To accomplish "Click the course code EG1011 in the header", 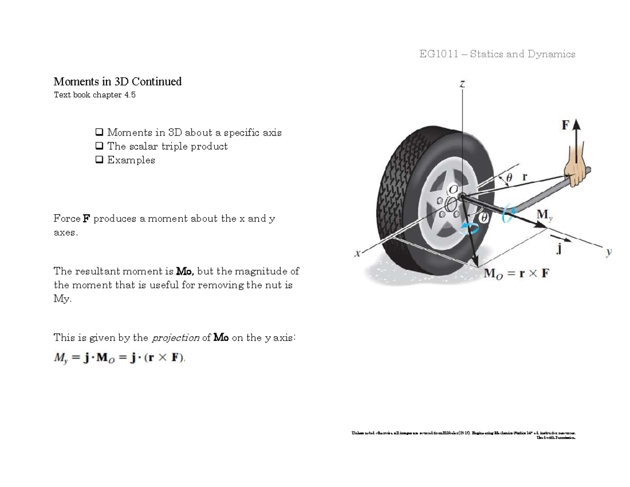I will tap(438, 54).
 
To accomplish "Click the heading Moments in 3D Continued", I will tap(118, 81).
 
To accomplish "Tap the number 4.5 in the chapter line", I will tap(130, 95).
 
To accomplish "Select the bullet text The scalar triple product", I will tap(167, 147).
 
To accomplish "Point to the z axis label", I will tap(462, 84).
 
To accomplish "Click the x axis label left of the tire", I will tap(357, 254).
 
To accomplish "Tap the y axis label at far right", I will tap(608, 252).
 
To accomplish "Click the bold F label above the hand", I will tap(565, 126).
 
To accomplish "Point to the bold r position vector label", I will tap(524, 177).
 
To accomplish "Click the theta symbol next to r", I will tap(508, 178).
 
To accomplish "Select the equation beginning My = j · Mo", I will tap(120, 358).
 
